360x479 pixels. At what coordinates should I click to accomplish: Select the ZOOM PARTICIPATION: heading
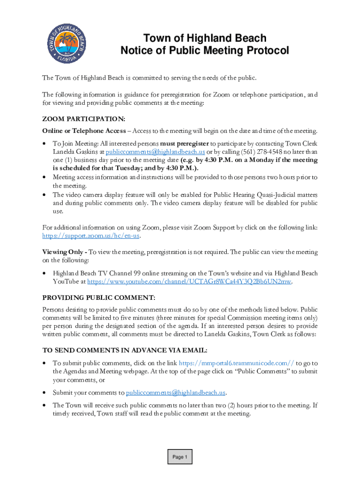coord(83,119)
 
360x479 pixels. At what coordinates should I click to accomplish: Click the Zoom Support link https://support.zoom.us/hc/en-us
coord(91,235)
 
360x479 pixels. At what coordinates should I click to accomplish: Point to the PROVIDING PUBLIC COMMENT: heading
coord(98,298)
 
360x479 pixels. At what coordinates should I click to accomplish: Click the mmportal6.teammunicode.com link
coord(237,363)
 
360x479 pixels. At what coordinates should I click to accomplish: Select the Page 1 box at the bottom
coord(180,457)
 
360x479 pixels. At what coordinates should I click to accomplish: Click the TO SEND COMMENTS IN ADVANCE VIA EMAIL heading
coord(125,350)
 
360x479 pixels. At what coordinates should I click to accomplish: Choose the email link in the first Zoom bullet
coord(155,152)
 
